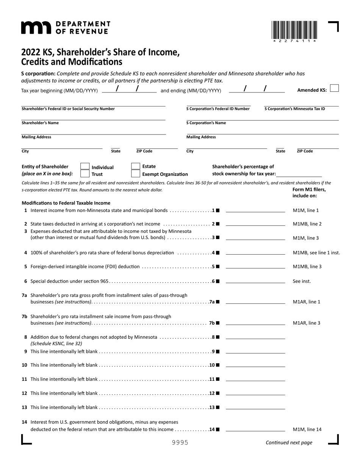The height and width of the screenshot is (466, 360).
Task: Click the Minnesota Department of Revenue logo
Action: coord(65,28)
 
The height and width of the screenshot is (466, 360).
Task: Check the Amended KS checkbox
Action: coord(334,88)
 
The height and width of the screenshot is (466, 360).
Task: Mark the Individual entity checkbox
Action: coord(85,167)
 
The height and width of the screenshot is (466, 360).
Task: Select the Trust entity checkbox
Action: coord(85,174)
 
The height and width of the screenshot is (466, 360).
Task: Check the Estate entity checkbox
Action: coord(135,166)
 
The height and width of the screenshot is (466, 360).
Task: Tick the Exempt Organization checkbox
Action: coord(135,174)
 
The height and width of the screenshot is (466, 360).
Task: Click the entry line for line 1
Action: coord(255,210)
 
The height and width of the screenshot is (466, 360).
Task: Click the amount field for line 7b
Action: coord(255,323)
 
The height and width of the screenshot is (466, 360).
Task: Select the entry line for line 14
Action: coord(255,429)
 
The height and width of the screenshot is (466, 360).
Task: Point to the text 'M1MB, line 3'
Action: coord(307,266)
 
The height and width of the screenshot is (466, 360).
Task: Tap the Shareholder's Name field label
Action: coord(40,123)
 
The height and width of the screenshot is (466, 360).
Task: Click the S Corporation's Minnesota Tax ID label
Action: coord(294,109)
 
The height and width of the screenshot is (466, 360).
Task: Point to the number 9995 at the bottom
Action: coord(180,443)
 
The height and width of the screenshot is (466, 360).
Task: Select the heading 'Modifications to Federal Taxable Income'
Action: coord(66,203)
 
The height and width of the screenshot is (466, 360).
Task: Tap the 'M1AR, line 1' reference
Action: coord(307,302)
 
